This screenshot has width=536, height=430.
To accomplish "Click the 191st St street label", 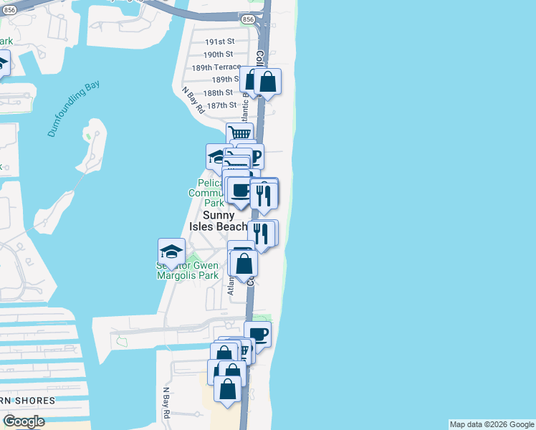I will click(219, 42).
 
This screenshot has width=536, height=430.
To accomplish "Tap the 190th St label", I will click(219, 54).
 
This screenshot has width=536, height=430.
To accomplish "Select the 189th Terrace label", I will click(216, 67).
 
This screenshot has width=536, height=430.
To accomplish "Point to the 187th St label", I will click(221, 105).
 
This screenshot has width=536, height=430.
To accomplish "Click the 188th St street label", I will click(219, 92).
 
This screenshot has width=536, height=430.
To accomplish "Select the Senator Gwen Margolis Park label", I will click(187, 270).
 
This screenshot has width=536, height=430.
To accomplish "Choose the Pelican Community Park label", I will click(207, 193).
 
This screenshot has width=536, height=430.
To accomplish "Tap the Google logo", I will click(24, 421).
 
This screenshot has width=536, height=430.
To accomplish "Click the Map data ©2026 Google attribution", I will click(492, 424).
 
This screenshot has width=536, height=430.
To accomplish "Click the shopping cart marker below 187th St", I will click(240, 134).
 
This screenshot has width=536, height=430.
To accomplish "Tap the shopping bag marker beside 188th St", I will click(267, 82).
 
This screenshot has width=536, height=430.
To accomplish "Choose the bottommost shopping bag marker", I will click(227, 390).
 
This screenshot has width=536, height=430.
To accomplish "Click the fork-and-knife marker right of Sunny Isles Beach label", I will click(262, 235).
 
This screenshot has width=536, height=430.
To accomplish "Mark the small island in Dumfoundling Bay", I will click(92, 143).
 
